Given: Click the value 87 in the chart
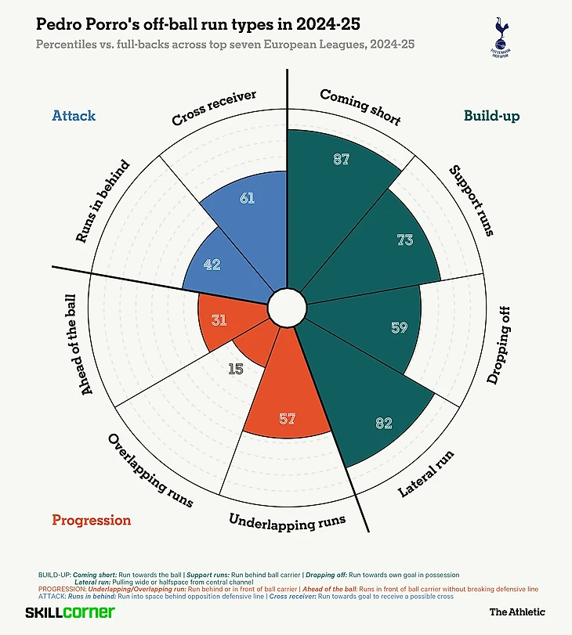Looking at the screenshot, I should point(341,160).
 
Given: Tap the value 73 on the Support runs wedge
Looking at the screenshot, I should point(404,240).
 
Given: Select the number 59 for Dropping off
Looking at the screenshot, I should point(399,327).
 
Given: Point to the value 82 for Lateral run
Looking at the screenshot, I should point(383,424).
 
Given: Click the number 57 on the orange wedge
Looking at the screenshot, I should point(287,419).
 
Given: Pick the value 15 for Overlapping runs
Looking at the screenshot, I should point(236,368).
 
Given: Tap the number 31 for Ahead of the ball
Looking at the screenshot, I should point(219,319).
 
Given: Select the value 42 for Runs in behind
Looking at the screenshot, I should point(212,265).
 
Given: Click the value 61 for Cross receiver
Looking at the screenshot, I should point(247,199).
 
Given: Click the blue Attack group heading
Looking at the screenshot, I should point(74,116).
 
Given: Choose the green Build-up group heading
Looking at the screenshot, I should point(491,116).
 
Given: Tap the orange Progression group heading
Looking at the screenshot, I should point(92,520).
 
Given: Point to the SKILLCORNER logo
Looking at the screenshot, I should point(70,612).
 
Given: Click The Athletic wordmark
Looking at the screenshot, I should point(517,612).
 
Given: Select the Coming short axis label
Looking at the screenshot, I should point(360,107).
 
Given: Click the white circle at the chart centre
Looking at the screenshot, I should point(285,308).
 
